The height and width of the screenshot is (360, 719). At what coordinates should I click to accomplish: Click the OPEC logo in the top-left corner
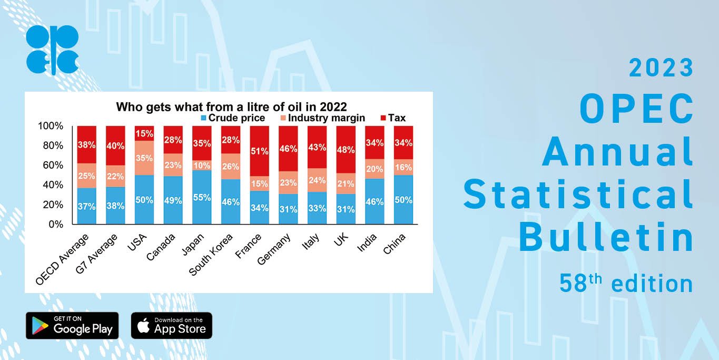tap(52, 50)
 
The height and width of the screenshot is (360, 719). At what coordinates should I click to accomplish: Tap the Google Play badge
tap(72, 325)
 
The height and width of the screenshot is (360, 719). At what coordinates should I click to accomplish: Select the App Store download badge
tap(171, 325)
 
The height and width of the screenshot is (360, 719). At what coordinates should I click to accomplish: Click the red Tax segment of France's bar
tap(259, 151)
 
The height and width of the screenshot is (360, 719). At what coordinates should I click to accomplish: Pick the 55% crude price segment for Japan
tap(202, 198)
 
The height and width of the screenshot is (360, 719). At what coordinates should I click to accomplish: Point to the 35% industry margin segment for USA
tap(144, 158)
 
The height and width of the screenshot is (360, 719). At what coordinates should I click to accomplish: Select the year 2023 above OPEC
tap(661, 68)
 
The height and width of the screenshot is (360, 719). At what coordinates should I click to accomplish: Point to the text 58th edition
tap(626, 284)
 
